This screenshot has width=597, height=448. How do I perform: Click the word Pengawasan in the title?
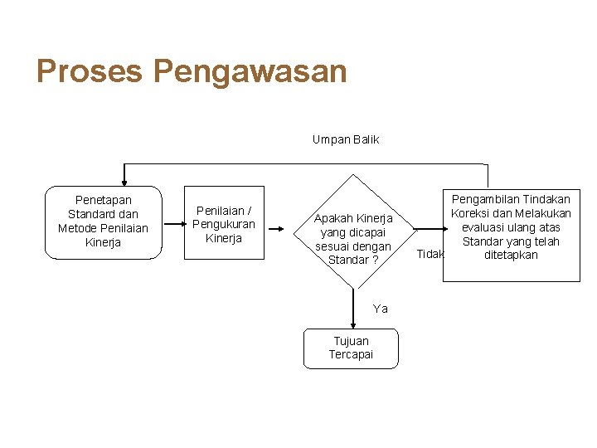click(250, 72)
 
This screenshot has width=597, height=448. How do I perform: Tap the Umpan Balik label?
click(345, 139)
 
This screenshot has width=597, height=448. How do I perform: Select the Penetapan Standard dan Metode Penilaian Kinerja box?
click(103, 222)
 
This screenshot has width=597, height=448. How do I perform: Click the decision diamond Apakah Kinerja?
click(353, 233)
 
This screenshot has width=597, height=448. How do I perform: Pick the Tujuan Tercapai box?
click(351, 348)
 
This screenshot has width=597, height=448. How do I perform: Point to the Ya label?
click(381, 309)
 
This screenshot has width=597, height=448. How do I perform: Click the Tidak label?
click(430, 254)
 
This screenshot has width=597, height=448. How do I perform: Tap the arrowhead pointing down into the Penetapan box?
click(124, 179)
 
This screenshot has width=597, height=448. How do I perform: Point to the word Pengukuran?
click(224, 224)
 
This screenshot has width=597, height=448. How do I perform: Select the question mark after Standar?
click(375, 261)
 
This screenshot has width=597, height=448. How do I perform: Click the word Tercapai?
click(351, 354)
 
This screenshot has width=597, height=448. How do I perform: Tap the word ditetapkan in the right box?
click(511, 255)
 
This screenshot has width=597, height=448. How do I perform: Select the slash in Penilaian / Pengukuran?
click(249, 211)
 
